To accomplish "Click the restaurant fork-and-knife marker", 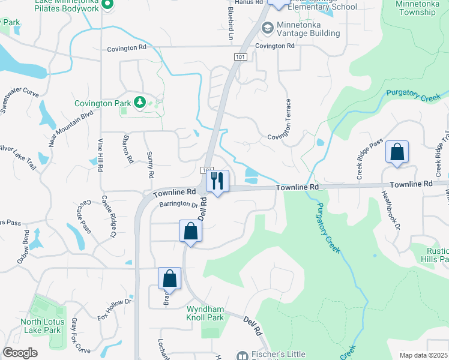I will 217,181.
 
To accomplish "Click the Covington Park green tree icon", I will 140,103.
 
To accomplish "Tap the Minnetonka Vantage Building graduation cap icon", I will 267,28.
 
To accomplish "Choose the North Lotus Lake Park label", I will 41,326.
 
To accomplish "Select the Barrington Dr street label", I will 178,205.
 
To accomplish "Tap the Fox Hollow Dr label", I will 114,310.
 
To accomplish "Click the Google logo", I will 20,352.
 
